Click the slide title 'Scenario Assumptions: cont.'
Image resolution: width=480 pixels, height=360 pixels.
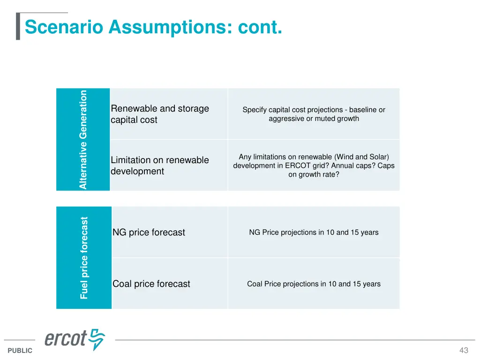tap(153, 27)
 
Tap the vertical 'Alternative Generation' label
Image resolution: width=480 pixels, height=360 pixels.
tap(83, 140)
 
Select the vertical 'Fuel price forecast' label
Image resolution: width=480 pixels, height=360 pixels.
tap(84, 257)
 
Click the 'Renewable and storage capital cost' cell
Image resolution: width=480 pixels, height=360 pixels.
tap(159, 114)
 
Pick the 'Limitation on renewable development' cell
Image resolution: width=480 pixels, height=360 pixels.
tap(159, 165)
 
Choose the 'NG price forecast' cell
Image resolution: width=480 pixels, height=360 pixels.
tap(149, 232)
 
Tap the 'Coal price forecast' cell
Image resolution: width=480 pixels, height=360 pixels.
tap(151, 284)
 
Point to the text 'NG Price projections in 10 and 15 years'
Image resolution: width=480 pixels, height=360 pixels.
tap(314, 232)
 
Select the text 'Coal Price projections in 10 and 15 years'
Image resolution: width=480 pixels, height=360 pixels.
tap(314, 284)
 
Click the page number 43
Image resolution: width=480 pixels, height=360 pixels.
tap(464, 351)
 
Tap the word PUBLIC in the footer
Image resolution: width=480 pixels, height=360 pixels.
tap(20, 351)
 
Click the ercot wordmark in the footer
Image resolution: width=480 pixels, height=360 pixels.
tap(66, 339)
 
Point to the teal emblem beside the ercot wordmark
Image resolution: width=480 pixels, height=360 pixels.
tap(98, 339)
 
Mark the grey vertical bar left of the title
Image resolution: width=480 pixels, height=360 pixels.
tap(18, 27)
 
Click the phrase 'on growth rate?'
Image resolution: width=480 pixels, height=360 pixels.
tap(314, 175)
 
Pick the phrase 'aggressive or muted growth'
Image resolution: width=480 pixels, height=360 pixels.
tap(314, 119)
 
